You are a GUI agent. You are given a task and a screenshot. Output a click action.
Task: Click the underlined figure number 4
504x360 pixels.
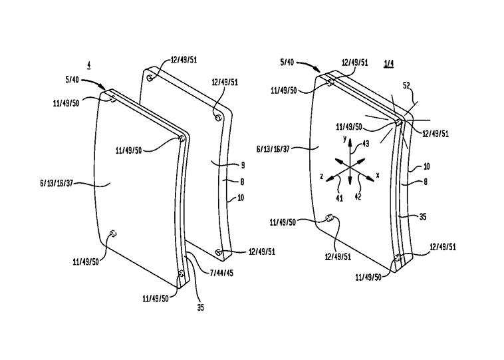click(x=88, y=65)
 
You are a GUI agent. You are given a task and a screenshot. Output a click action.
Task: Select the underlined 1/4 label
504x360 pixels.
click(x=388, y=64)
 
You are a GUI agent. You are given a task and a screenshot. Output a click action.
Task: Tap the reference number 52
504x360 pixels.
click(x=407, y=86)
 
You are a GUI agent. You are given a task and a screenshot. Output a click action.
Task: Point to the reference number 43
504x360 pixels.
click(x=366, y=144)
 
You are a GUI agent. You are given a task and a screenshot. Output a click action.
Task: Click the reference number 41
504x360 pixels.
click(x=339, y=198)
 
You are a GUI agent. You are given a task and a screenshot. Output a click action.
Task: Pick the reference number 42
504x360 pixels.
click(x=358, y=196)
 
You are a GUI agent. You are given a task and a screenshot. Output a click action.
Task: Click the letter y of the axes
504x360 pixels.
click(x=344, y=139)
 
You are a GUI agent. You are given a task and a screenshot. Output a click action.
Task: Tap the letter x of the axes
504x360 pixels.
click(x=378, y=175)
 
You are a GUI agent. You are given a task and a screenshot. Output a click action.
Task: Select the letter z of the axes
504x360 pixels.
click(x=321, y=176)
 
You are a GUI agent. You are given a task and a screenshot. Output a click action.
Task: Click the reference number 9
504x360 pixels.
click(x=243, y=166)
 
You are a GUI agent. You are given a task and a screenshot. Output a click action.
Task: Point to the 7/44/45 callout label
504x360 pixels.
click(x=221, y=273)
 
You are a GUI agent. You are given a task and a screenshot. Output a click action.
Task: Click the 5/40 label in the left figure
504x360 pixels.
click(x=72, y=80)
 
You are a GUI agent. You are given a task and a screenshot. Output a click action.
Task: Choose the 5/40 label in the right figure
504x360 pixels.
click(x=287, y=62)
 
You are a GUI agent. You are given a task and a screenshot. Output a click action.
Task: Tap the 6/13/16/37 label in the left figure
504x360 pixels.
click(x=57, y=184)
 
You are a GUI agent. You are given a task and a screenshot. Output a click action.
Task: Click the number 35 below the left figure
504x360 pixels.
click(x=200, y=307)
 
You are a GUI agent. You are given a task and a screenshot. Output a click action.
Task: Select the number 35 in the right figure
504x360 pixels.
click(x=423, y=217)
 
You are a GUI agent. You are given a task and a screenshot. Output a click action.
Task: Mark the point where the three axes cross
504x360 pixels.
click(x=350, y=168)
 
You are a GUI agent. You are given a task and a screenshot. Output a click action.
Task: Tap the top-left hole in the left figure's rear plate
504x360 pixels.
click(x=150, y=78)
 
